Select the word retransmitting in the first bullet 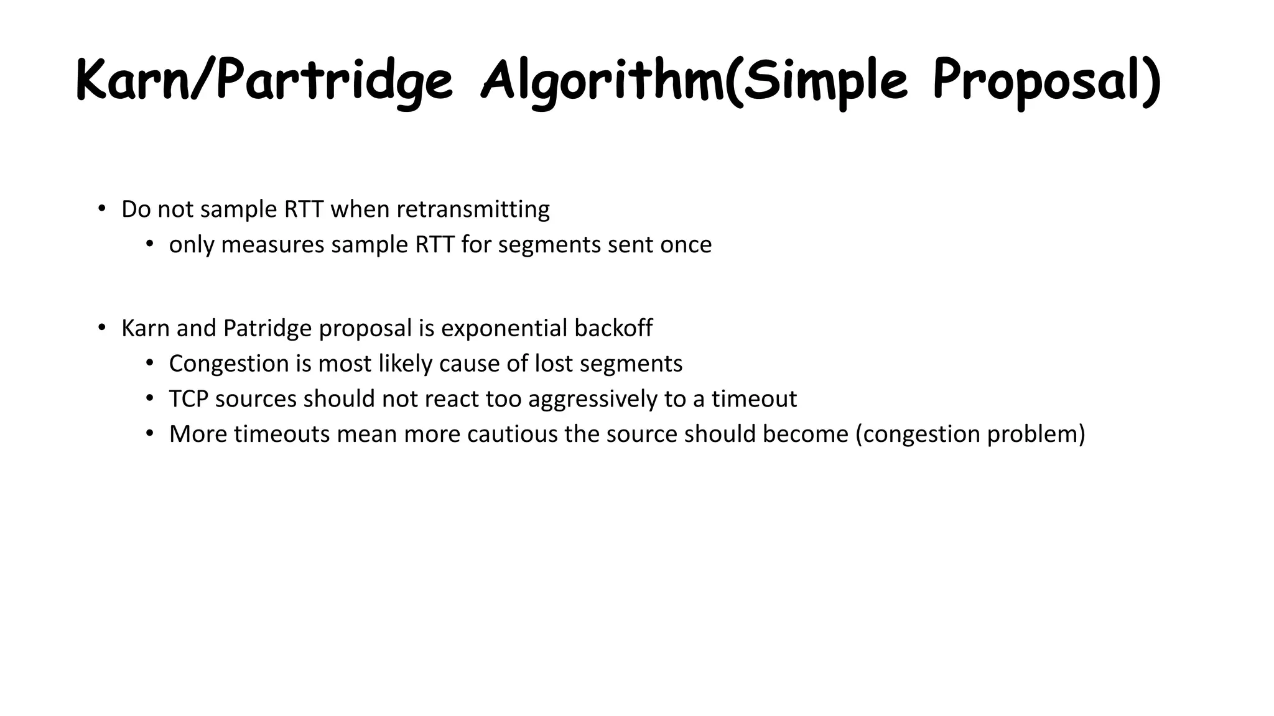pyautogui.click(x=473, y=209)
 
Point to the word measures pyautogui.click(x=272, y=245)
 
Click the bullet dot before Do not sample pyautogui.click(x=101, y=208)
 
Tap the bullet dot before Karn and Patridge pyautogui.click(x=101, y=327)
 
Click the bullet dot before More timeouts pyautogui.click(x=149, y=433)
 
